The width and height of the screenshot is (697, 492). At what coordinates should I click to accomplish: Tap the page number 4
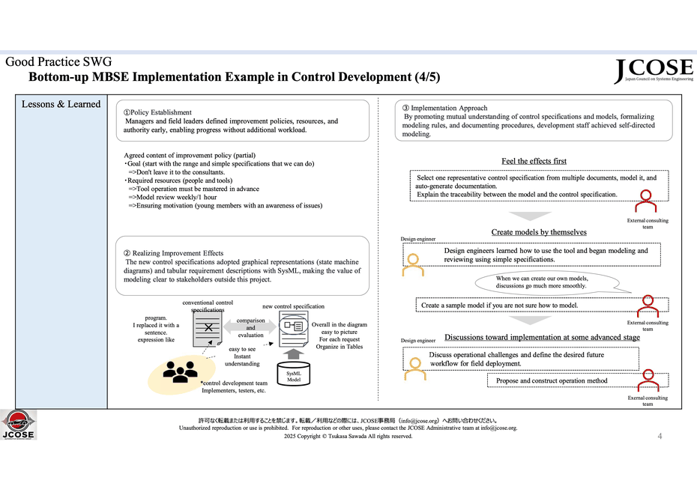coord(660,436)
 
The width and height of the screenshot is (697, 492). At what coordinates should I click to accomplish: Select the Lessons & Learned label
coord(61,104)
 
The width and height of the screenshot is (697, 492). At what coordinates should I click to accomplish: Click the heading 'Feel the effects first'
coord(534,161)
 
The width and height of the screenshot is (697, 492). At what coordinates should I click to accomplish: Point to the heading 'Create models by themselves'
coord(539,231)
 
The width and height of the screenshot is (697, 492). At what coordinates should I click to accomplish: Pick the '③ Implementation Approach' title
coord(444,108)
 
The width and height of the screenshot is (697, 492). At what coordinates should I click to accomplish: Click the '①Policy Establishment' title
coord(157,112)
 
